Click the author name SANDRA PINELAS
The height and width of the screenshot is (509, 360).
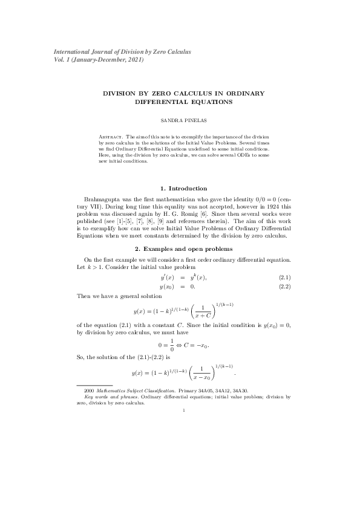(x=180, y=120)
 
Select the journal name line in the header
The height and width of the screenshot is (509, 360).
(x=122, y=51)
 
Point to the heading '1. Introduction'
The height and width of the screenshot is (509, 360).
(x=179, y=189)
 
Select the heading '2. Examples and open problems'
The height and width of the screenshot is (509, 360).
(x=180, y=248)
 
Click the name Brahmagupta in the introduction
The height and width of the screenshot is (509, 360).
(x=104, y=199)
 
